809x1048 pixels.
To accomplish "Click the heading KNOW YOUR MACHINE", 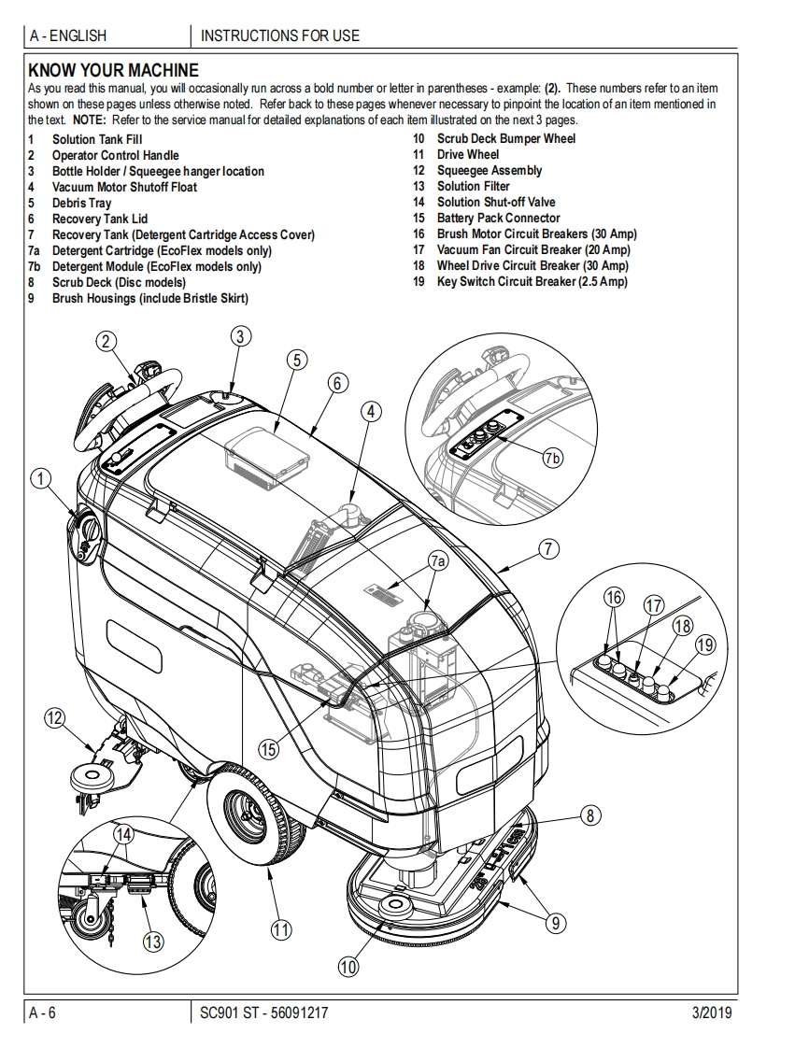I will pyautogui.click(x=113, y=70).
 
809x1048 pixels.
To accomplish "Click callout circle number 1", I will pyautogui.click(x=40, y=480).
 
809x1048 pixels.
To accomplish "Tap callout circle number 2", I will pyautogui.click(x=107, y=342).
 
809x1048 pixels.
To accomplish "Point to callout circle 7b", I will pyautogui.click(x=553, y=457).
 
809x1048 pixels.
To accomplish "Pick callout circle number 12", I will pyautogui.click(x=55, y=717).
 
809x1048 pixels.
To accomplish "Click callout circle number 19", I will pyautogui.click(x=705, y=644).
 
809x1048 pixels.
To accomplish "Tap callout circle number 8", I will pyautogui.click(x=590, y=815).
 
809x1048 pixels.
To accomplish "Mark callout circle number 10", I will pyautogui.click(x=348, y=967).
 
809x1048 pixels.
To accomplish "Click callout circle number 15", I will pyautogui.click(x=269, y=748).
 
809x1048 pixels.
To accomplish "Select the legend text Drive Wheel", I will pyautogui.click(x=468, y=155).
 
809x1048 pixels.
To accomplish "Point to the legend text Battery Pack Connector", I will pyautogui.click(x=499, y=219).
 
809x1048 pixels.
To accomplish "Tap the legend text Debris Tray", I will pyautogui.click(x=81, y=203).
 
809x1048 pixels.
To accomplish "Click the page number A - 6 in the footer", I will pyautogui.click(x=44, y=1013).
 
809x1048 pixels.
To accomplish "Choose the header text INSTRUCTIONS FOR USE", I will pyautogui.click(x=280, y=36).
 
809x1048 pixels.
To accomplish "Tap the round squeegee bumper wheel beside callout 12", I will pyautogui.click(x=87, y=775).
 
